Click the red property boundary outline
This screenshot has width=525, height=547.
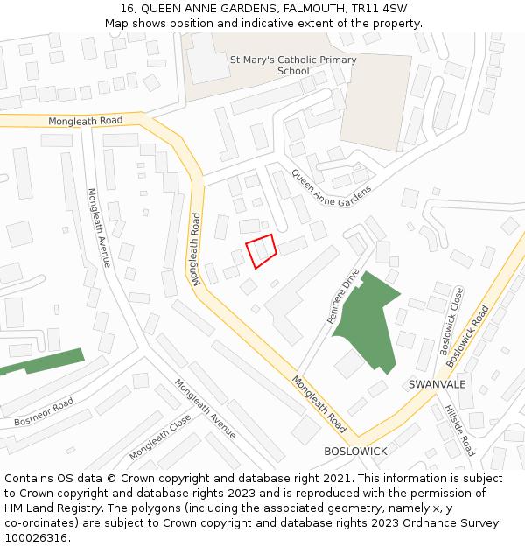[x=261, y=251]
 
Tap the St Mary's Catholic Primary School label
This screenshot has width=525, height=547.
[x=293, y=65]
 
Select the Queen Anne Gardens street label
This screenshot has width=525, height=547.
[x=332, y=188]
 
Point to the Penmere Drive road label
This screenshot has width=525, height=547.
[x=344, y=297]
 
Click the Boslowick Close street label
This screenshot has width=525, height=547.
[x=451, y=315]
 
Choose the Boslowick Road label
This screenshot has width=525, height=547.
[x=467, y=336]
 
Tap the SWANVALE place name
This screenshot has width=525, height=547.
[x=437, y=384]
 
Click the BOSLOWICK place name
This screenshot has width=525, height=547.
[x=355, y=451]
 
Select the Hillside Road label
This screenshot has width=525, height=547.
[x=458, y=430]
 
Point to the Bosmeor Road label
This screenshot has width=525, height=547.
[x=44, y=414]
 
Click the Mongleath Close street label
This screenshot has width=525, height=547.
[x=160, y=438]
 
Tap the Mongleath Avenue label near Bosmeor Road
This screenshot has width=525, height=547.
[x=205, y=409]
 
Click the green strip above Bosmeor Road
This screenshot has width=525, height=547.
[x=44, y=361]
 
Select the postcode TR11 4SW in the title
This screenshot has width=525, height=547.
[x=380, y=9]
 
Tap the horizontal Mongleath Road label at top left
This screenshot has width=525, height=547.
[x=85, y=121]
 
